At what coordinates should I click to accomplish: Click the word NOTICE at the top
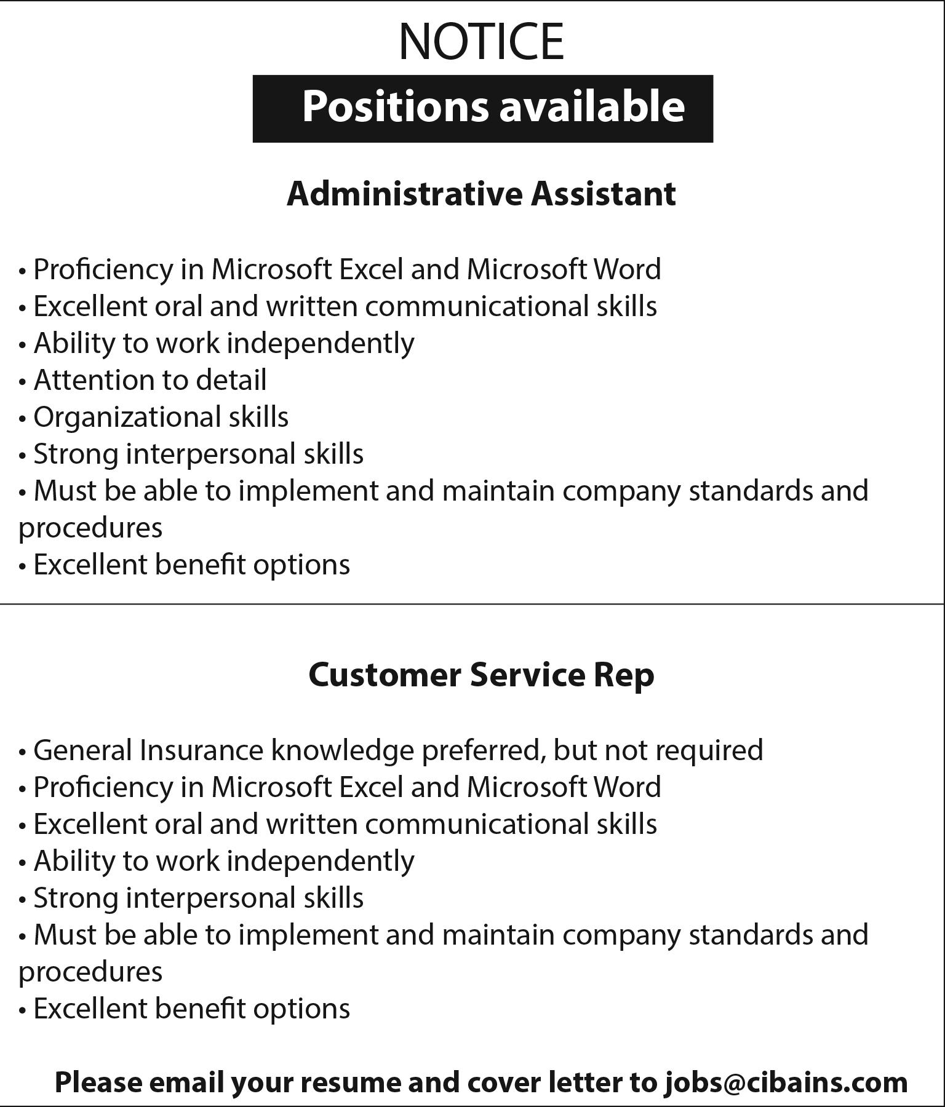coord(481,41)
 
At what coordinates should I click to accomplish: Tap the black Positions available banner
coord(482,109)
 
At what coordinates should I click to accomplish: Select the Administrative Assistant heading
coord(481,194)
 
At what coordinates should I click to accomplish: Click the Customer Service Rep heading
coord(481,675)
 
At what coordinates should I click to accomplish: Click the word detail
coord(231,380)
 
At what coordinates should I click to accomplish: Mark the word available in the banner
coord(592,106)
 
